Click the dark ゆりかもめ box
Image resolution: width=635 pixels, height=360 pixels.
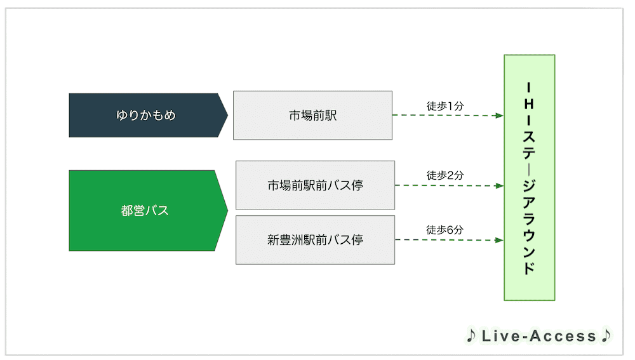click(145, 116)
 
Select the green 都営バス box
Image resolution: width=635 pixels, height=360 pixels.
click(145, 210)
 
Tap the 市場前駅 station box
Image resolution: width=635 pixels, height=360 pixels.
click(312, 116)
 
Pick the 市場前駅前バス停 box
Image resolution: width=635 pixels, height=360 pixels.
click(315, 185)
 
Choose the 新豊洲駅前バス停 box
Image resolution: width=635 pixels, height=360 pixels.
click(315, 240)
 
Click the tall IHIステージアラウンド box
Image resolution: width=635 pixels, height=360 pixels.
click(530, 177)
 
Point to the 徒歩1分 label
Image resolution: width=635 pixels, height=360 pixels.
click(445, 106)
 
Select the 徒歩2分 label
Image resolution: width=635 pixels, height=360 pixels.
click(445, 175)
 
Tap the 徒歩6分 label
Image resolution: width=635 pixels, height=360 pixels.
click(445, 230)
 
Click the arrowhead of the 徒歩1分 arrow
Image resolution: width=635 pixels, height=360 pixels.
click(499, 116)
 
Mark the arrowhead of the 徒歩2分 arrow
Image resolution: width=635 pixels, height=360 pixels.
click(499, 186)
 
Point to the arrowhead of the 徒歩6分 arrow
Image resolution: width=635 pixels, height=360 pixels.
click(499, 240)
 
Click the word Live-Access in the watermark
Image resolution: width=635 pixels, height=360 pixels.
click(538, 337)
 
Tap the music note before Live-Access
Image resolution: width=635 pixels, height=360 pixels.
click(471, 336)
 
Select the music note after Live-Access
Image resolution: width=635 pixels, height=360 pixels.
click(606, 336)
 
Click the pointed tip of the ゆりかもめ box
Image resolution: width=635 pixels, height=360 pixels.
click(227, 116)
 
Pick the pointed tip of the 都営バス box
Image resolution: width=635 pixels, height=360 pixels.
click(227, 210)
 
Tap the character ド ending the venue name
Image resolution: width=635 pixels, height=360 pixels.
click(529, 267)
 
